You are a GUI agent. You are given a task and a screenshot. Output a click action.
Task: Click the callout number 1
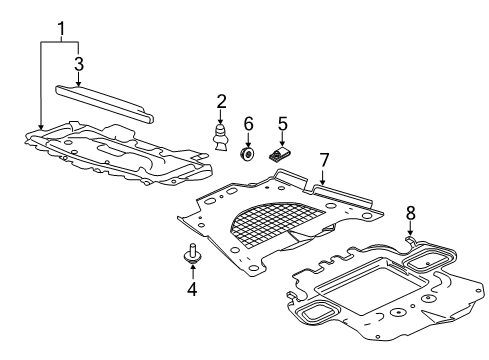62,26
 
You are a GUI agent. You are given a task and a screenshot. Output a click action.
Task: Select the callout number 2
221,101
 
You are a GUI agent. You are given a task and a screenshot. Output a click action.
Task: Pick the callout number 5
283,124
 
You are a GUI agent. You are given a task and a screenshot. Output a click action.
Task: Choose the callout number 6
249,124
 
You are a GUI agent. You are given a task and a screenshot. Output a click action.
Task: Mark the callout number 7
323,159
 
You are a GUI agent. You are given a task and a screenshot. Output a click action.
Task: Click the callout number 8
409,213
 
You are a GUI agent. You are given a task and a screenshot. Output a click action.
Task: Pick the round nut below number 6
249,154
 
